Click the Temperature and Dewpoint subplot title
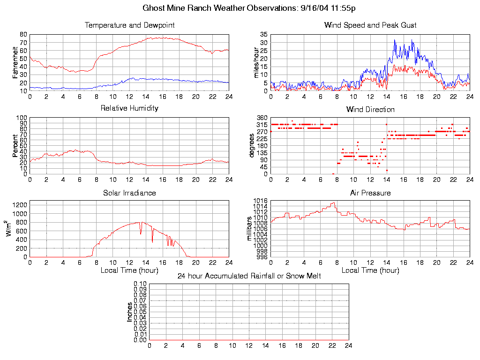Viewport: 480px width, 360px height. [129, 25]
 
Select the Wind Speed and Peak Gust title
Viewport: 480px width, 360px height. [370, 25]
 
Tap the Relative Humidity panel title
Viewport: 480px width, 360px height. [129, 108]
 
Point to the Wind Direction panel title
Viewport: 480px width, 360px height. [370, 109]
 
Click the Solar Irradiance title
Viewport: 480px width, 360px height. [129, 193]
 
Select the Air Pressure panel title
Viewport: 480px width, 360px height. [370, 193]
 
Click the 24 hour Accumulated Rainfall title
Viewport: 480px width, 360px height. [249, 276]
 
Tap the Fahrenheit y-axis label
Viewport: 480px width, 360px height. [15, 62]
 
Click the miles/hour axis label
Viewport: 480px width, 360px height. [256, 62]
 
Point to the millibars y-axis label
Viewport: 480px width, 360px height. [250, 228]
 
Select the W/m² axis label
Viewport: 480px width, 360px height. [10, 228]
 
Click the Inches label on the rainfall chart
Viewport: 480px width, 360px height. [129, 312]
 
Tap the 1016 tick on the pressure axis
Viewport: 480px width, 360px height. [261, 201]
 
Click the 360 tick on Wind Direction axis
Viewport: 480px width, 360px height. [262, 118]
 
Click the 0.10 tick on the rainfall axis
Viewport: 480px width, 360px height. [140, 284]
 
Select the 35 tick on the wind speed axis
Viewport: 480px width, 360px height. [264, 34]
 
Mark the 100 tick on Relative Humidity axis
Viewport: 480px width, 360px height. [22, 118]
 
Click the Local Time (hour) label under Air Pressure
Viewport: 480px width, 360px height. [370, 270]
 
